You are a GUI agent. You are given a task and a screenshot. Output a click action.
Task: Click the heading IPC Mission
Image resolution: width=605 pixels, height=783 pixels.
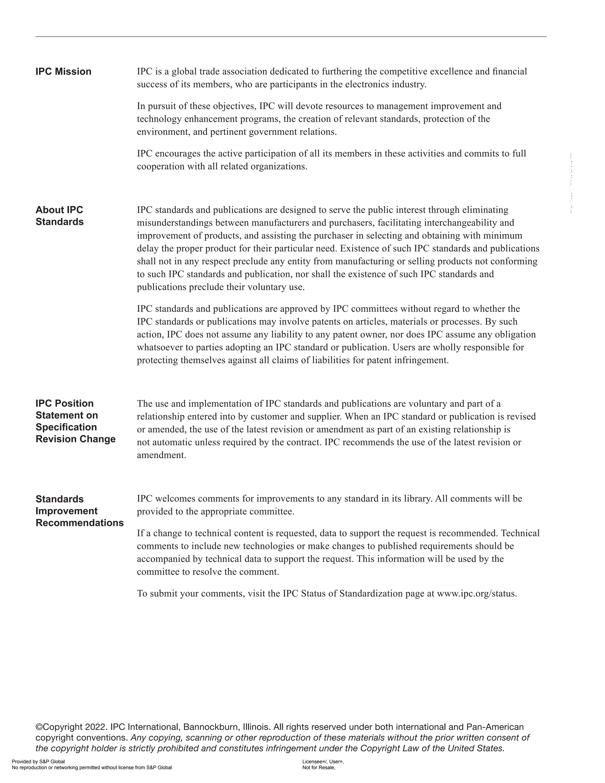64,72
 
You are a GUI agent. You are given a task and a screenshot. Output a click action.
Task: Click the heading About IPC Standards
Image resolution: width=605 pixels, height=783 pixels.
59,216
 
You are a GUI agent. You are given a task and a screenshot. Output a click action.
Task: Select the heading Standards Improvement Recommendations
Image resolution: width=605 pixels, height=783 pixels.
79,511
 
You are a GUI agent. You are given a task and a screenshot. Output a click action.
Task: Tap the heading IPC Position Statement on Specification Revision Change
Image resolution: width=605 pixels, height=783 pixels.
75,421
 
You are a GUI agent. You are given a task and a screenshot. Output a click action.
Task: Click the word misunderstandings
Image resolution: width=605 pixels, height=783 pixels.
175,223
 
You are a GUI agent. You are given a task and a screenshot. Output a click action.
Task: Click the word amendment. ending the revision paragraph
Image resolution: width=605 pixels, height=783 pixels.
161,455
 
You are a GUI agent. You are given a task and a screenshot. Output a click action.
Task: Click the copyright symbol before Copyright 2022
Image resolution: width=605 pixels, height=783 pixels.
39,727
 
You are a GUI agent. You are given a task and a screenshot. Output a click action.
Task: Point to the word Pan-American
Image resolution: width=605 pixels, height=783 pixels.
495,727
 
